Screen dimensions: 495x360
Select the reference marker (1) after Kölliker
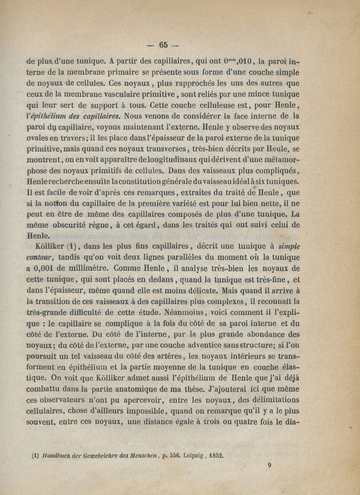[x=73, y=246]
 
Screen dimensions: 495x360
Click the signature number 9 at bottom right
[x=269, y=467]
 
